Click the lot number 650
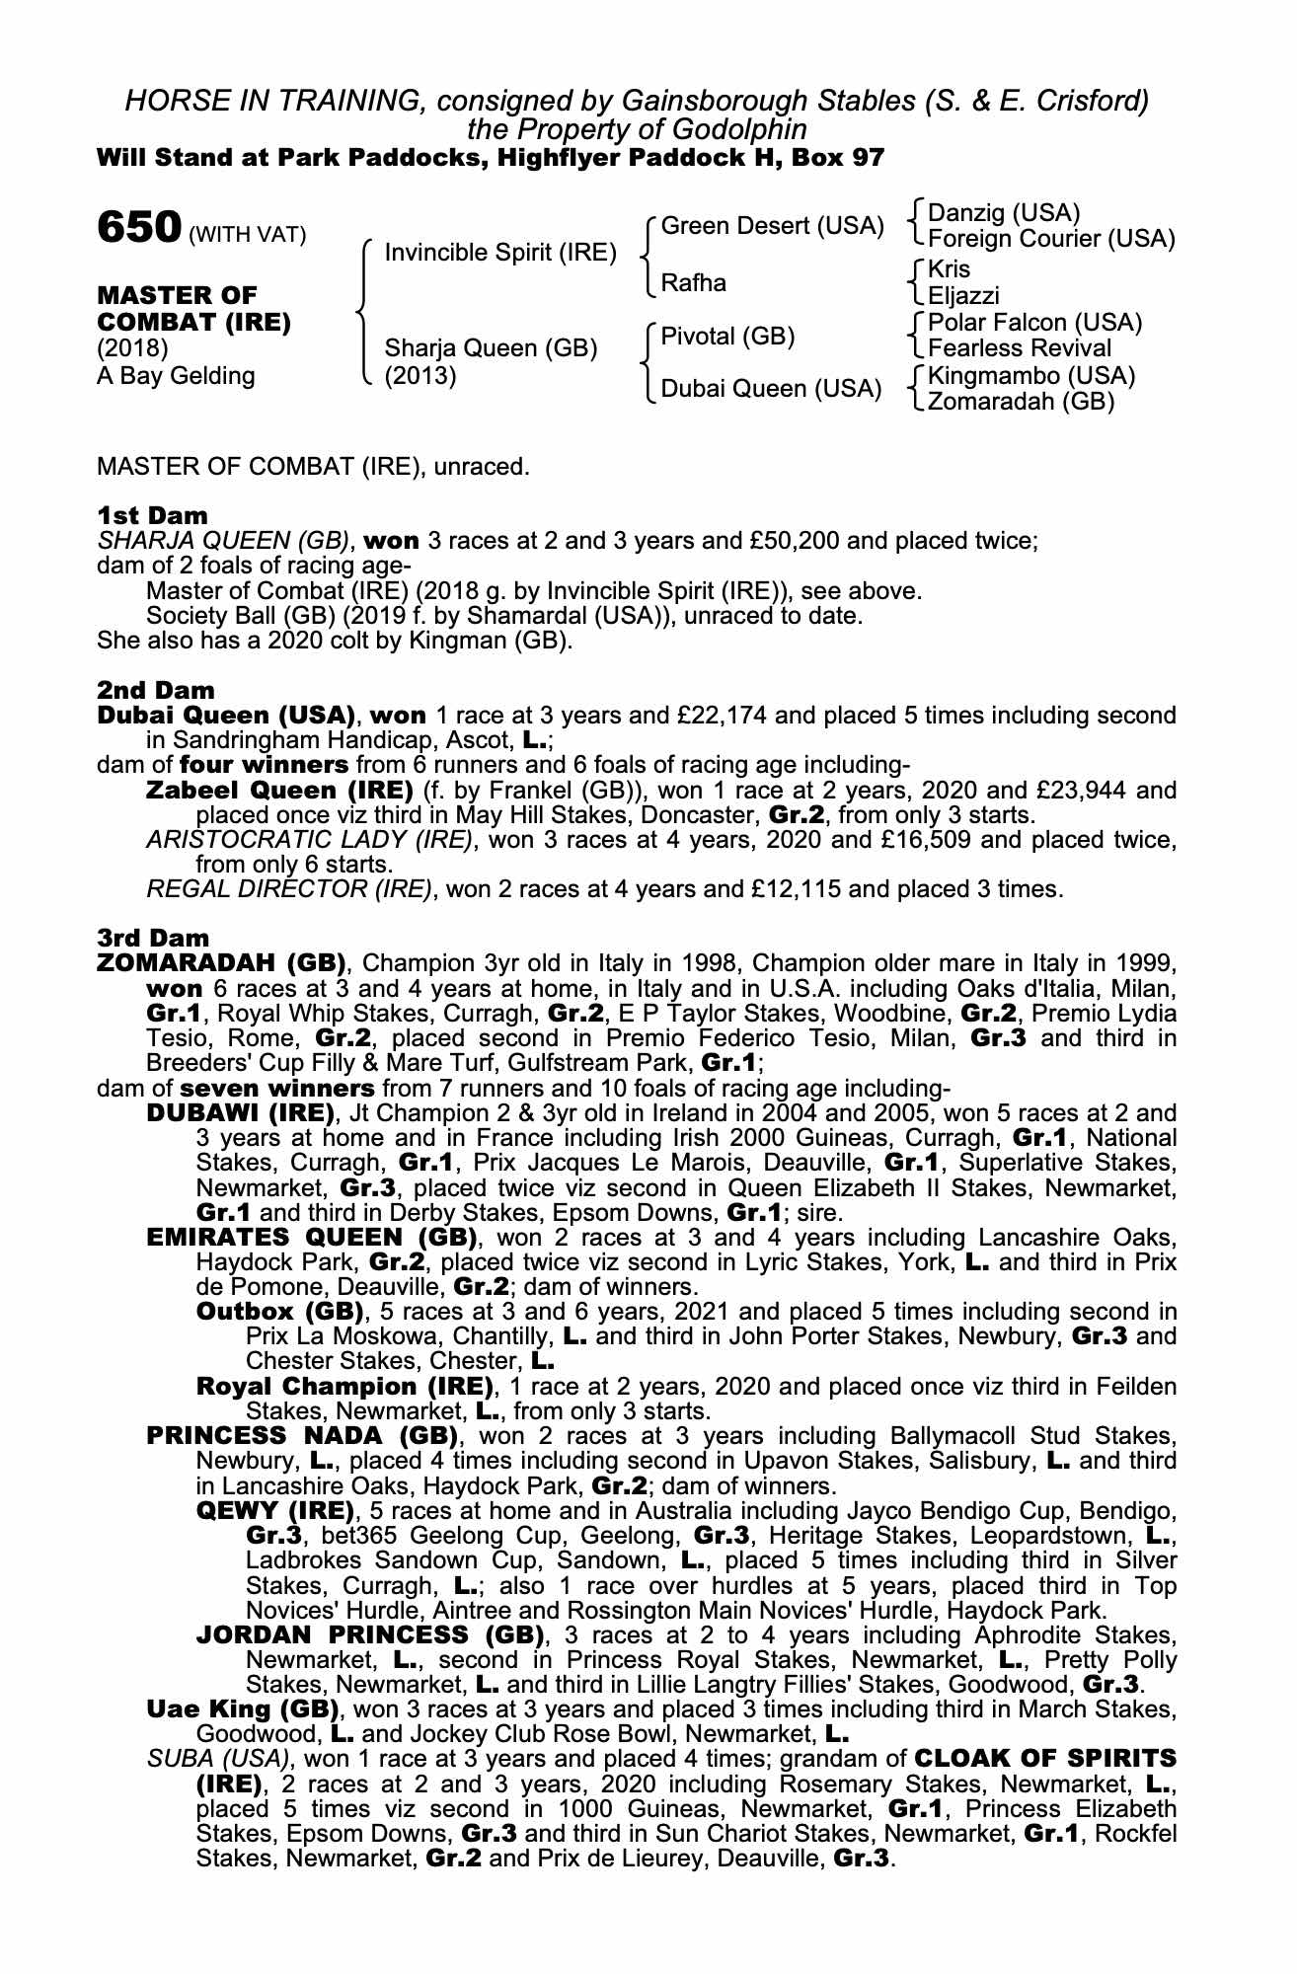click(138, 227)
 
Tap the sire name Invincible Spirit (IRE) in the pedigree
click(500, 253)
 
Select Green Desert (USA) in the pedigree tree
click(772, 226)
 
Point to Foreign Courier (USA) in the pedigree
click(1051, 239)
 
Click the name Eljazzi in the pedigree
click(963, 295)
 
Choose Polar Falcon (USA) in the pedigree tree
click(1034, 323)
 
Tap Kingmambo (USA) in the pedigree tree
click(1031, 376)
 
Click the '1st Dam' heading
click(152, 515)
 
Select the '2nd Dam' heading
click(155, 689)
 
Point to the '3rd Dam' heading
click(154, 937)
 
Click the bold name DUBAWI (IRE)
click(237, 1114)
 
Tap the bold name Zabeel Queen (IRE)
click(279, 791)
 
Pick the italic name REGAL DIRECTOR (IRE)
click(289, 889)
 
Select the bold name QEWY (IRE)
click(274, 1511)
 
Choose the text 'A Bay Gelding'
click(176, 376)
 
